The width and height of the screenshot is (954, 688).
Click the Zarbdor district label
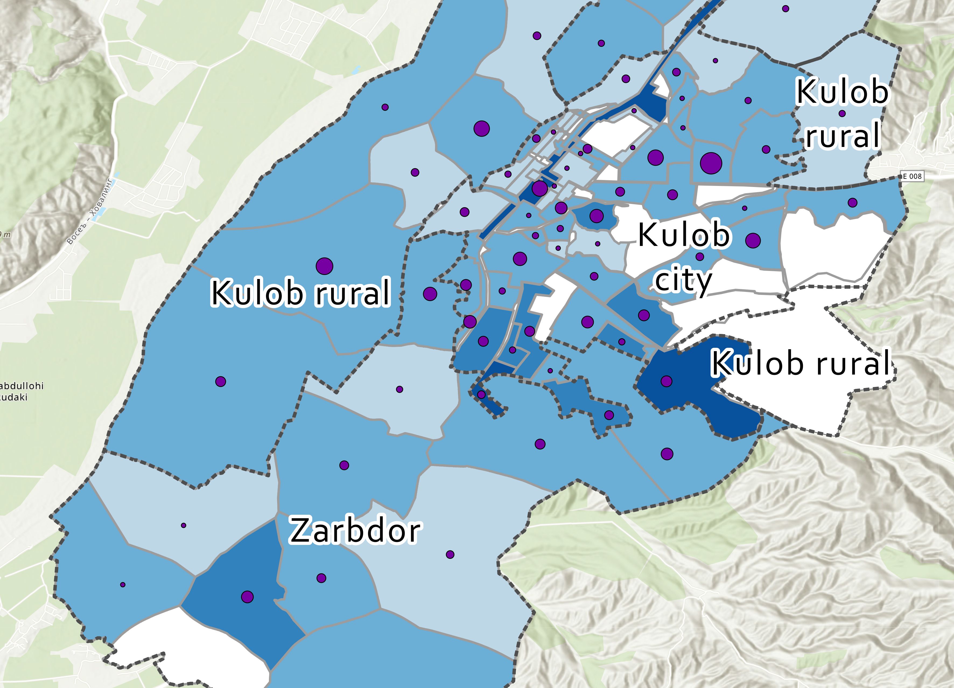355,531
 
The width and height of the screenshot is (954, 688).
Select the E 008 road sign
912,176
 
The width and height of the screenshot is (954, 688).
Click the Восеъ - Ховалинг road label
90,211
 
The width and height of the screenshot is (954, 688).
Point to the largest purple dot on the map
711,163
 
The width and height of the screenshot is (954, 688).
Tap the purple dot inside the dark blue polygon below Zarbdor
247,597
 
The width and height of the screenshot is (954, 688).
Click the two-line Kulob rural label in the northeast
842,114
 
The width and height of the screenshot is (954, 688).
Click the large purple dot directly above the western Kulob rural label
324,266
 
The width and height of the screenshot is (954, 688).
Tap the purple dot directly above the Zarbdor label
344,465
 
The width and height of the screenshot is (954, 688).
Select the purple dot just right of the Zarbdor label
450,554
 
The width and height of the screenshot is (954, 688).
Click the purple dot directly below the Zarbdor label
321,578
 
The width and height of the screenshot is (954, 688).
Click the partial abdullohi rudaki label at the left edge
21,391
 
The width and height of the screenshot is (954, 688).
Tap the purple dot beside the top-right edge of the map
785,8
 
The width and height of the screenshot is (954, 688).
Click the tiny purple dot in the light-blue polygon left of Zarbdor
183,525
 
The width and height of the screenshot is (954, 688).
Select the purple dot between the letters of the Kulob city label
700,256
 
